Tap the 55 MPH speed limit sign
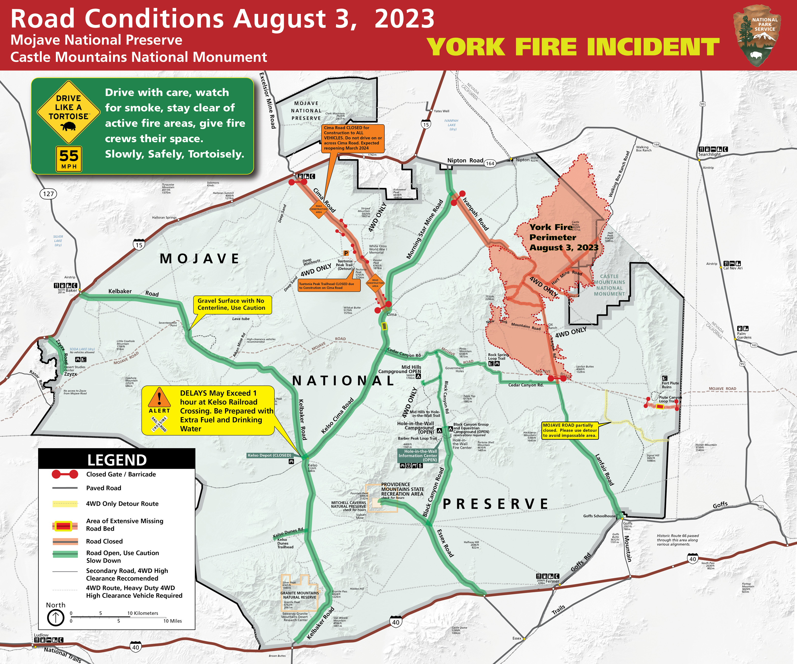point(69,159)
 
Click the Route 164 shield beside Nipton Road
point(490,164)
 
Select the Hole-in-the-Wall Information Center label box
point(417,455)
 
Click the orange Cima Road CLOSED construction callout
point(353,138)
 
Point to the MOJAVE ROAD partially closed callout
point(570,430)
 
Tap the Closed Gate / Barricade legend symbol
point(65,474)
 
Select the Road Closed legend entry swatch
point(65,541)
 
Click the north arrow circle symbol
point(55,618)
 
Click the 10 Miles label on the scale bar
point(172,621)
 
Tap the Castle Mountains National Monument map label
point(609,285)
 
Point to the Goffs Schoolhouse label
point(599,516)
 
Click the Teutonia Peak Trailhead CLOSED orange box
point(329,286)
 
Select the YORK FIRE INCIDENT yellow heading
point(573,47)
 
